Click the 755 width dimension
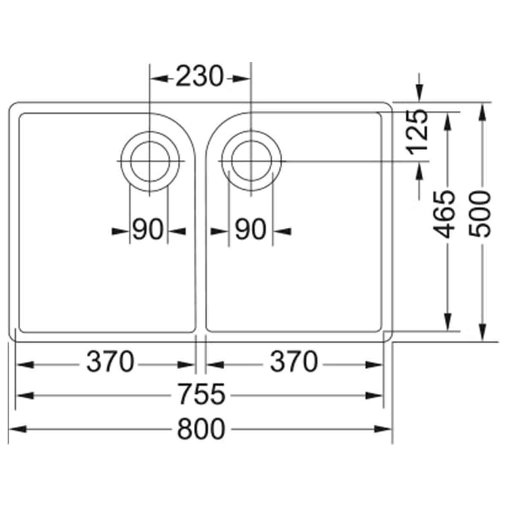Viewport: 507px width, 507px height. point(202,394)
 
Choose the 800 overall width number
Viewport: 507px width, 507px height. point(202,429)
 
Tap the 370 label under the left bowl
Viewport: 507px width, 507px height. point(110,362)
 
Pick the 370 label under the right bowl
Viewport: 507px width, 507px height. point(294,362)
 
